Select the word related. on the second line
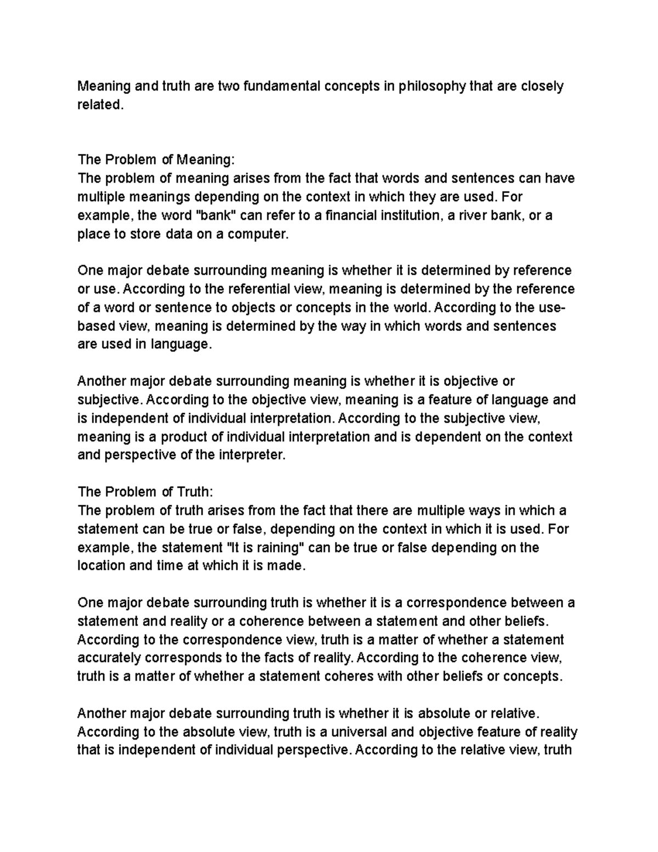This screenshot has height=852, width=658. (x=98, y=105)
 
